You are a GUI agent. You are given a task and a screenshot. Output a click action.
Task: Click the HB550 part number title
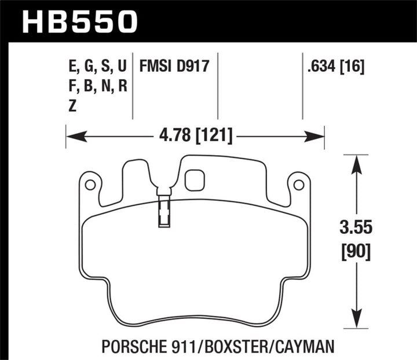click(x=81, y=21)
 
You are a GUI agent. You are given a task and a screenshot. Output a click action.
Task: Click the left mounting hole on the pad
click(x=90, y=185)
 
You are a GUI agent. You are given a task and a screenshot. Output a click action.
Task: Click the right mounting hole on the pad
click(x=299, y=185)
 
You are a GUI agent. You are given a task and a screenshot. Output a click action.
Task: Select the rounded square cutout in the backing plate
click(x=195, y=180)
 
